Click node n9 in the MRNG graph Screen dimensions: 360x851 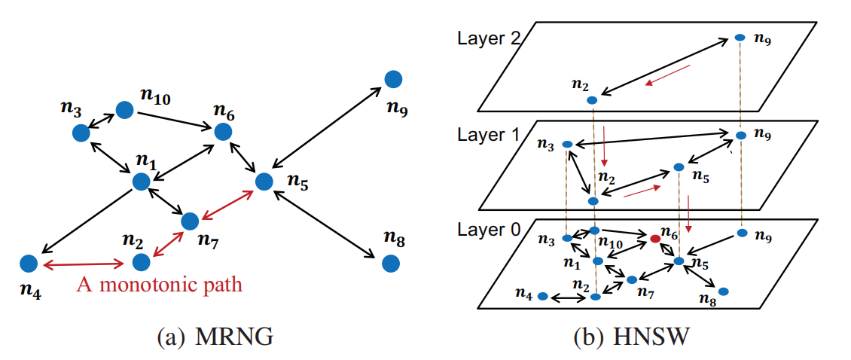(392, 78)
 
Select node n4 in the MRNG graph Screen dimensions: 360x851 (29, 263)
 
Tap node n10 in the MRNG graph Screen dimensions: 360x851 (124, 110)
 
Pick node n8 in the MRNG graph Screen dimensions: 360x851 (390, 263)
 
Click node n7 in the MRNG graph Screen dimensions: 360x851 (190, 221)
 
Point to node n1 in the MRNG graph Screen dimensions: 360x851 (141, 181)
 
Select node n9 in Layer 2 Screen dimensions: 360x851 (740, 37)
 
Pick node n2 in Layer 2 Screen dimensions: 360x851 (592, 99)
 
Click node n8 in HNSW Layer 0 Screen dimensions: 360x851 (723, 291)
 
